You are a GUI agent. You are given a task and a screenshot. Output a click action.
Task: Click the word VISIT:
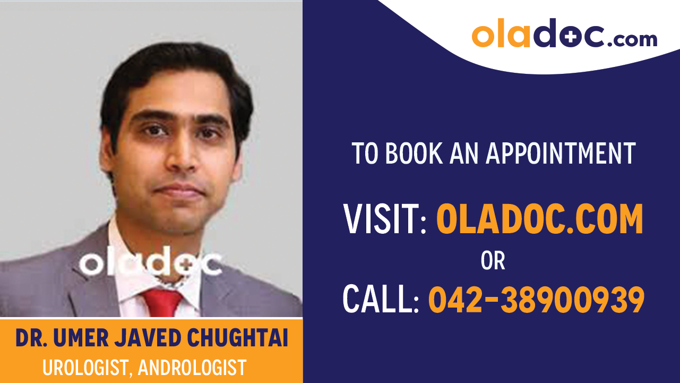pos(385,219)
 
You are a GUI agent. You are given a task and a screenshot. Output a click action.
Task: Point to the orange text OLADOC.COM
pos(539,219)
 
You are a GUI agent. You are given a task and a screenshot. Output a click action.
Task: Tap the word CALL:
pos(381,299)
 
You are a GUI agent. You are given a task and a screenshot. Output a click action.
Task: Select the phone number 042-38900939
pos(536,299)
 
